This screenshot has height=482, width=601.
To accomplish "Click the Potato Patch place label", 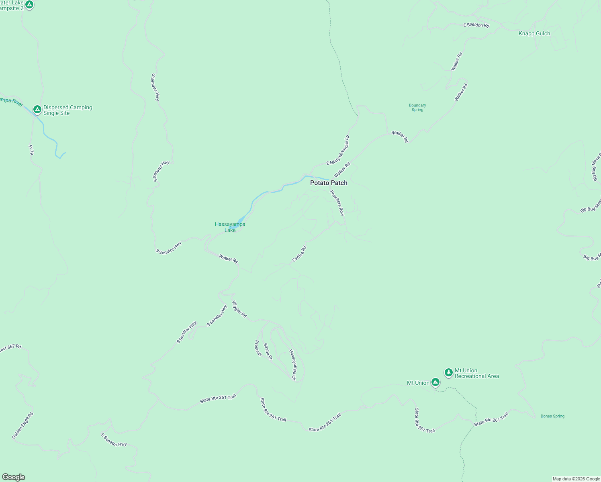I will pos(329,183).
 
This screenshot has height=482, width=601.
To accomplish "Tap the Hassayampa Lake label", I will pos(230,227).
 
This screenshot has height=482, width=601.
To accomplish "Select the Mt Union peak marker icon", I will pos(435,382).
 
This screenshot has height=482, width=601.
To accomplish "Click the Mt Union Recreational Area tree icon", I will pos(449,372).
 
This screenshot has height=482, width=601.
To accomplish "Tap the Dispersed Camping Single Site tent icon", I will pos(37,109).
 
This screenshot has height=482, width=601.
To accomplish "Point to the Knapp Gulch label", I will pos(534,34).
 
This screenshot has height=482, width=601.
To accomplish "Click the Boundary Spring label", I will pos(417,108).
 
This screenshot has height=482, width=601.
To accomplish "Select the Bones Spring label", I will pos(552,416).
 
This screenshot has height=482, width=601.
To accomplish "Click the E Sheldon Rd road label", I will pos(476,25).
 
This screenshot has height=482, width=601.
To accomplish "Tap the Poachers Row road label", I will pos(337,203).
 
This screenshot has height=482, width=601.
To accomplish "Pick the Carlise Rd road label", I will pos(299,254).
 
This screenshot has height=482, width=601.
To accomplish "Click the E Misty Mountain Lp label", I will pos(338,150).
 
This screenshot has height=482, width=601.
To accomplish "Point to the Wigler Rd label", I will pos(239,309).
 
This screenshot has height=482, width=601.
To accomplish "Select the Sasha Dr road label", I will pos(268,351).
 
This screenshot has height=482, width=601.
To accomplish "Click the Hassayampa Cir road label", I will pos(292,365).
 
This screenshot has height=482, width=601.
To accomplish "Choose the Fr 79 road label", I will pos(31,150).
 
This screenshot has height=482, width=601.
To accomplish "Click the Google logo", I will pos(14,477).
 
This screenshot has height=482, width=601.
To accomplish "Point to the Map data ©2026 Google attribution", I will pos(576,479).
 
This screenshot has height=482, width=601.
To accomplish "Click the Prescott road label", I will pos(258,348).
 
